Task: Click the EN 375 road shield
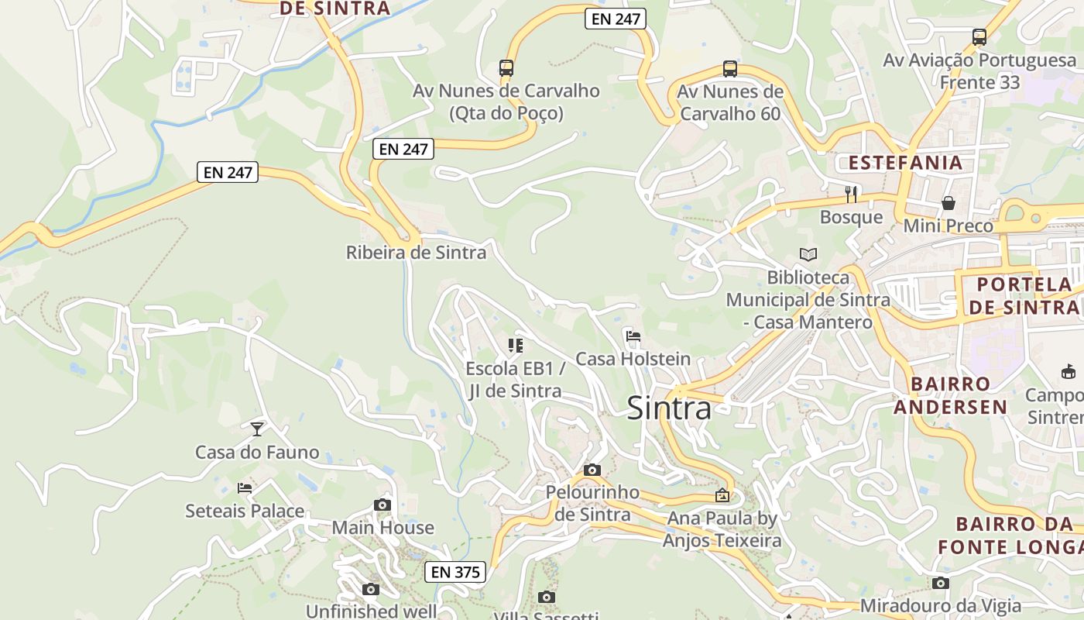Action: point(455,572)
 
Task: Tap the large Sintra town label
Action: point(669,408)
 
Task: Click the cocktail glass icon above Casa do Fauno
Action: point(257,429)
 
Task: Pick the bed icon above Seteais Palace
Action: point(245,488)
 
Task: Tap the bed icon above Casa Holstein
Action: point(633,336)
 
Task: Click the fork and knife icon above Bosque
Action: point(851,194)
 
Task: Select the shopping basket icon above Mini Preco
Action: point(948,203)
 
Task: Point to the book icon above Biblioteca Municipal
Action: point(808,254)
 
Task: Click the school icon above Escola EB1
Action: point(516,345)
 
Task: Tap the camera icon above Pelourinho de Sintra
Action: point(592,470)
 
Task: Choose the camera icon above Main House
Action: point(382,505)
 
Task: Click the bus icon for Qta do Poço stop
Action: point(506,68)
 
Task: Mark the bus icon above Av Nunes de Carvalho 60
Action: point(730,69)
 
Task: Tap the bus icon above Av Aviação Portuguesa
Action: point(979,37)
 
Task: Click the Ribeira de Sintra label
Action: point(416,253)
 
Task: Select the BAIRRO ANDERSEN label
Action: point(951,395)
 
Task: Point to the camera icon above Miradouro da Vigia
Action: point(941,583)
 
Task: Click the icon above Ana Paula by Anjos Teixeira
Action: point(722,495)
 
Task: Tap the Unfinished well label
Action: point(372,611)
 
